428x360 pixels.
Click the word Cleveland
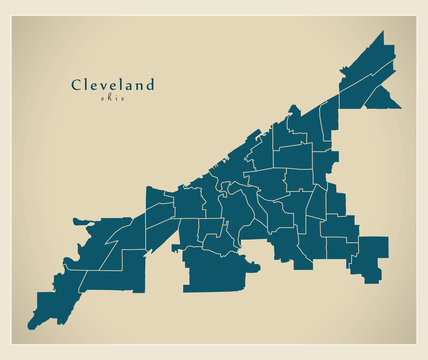113,85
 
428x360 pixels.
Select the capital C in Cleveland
76,85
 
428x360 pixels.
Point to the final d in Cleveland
150,85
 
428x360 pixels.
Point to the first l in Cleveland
87,85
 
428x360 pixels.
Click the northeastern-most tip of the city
381,32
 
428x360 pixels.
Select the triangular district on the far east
383,96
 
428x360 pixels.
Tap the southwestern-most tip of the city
30,327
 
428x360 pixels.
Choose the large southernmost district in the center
216,273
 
